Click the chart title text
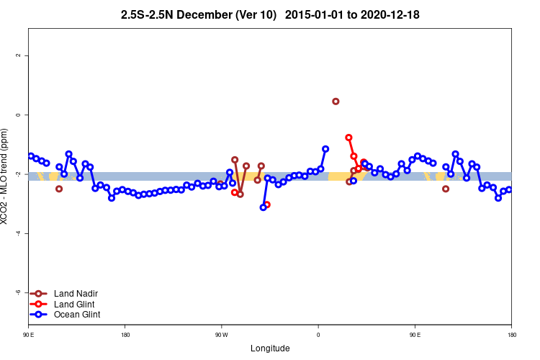(271, 14)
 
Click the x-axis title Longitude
(270, 348)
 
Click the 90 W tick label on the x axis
(221, 335)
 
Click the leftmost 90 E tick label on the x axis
(29, 335)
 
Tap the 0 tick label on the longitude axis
(318, 335)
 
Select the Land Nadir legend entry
(76, 294)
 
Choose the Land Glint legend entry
(75, 304)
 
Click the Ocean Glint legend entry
(77, 315)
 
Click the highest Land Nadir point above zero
(336, 102)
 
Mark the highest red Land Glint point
(348, 138)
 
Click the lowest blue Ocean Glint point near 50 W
(264, 207)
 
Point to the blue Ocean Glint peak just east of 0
(325, 149)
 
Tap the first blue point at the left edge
(31, 156)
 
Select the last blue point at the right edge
(509, 189)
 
